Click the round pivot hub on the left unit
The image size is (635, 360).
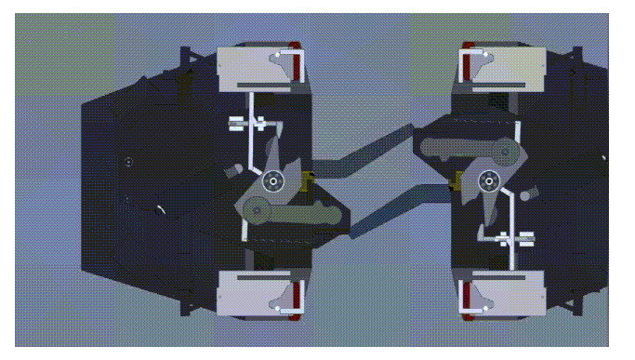[x=273, y=181]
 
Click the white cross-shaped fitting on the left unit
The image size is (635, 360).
[x=246, y=122]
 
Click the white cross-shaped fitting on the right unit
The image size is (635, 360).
[x=512, y=238]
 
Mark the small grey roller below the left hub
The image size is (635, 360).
[x=258, y=215]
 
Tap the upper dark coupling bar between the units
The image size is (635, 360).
[x=372, y=149]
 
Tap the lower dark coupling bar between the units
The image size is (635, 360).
[x=390, y=212]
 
